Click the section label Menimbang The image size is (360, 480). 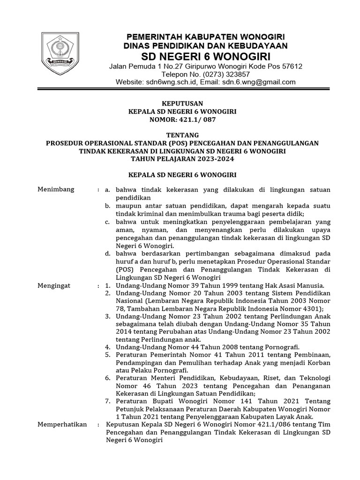(56, 189)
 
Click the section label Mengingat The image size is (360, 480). (55, 285)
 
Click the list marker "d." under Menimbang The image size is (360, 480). (107, 253)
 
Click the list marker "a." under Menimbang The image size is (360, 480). (107, 189)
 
